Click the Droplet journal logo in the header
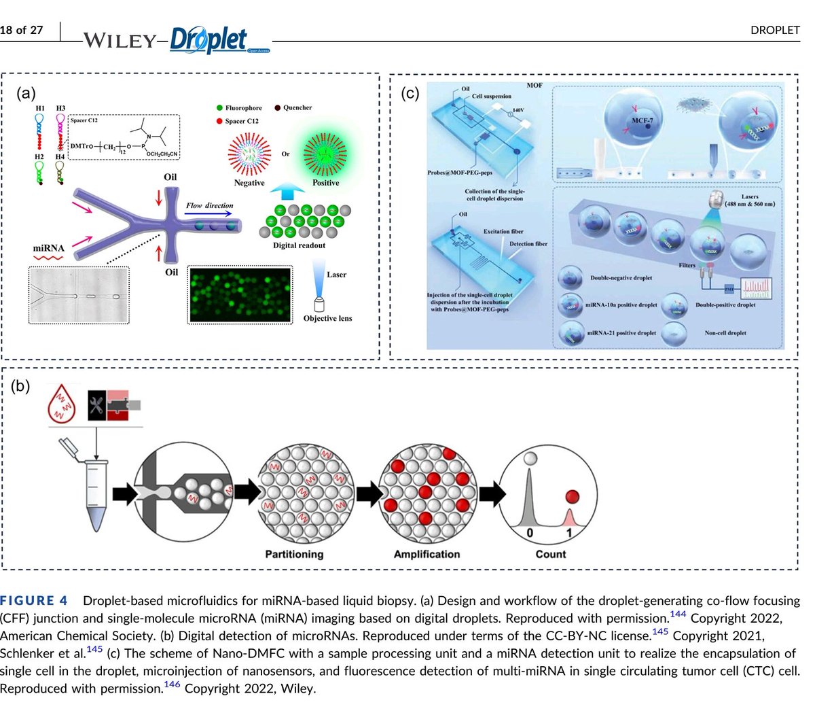coord(209,40)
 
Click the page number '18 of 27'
coord(22,30)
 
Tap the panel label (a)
coord(26,93)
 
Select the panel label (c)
coord(410,93)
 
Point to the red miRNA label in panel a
coord(49,248)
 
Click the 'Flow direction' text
coord(209,205)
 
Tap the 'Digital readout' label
coord(299,245)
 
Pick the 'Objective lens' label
coord(327,318)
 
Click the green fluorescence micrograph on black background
coord(240,295)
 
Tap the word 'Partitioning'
coord(294,554)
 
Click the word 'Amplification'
coord(427,554)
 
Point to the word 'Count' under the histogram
coord(550,554)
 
